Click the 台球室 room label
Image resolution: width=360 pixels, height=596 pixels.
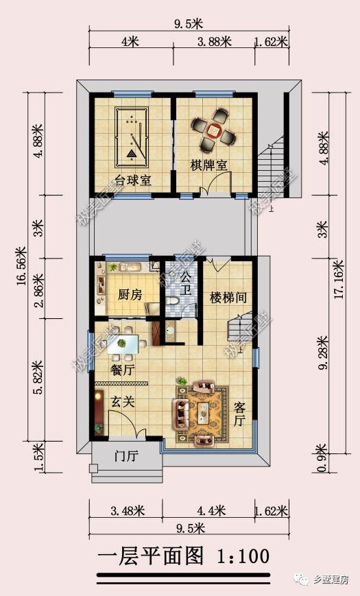point(133,180)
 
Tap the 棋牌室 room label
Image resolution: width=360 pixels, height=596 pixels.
point(208,165)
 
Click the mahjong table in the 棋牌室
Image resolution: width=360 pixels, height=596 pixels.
point(214,130)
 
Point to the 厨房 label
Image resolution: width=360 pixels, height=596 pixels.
point(130,294)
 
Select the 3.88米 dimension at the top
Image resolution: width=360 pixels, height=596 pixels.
point(214,41)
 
